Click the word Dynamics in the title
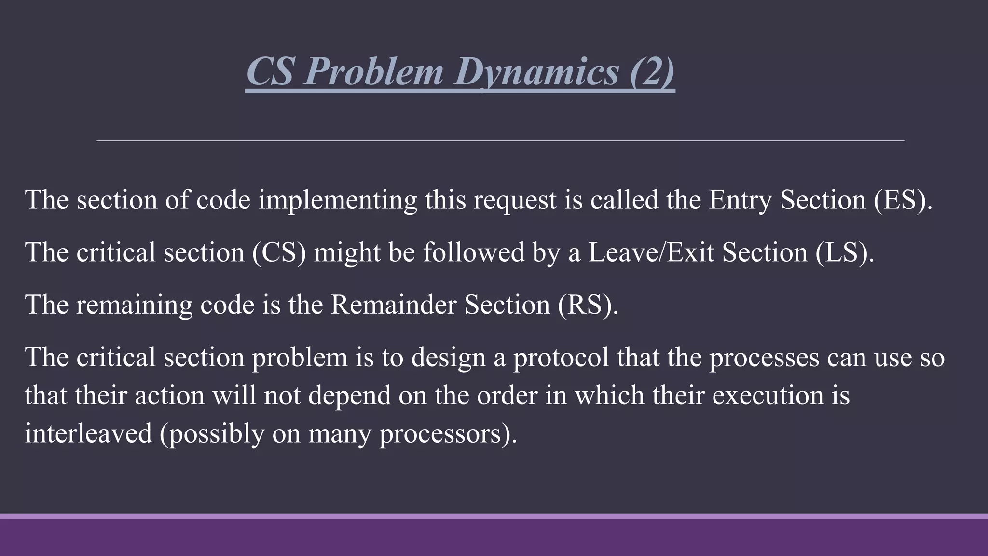tap(535, 71)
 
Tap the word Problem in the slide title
tap(373, 71)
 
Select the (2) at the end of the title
tap(652, 71)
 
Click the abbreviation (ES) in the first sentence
tap(903, 200)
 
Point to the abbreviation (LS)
tap(845, 252)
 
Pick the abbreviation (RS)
tap(588, 305)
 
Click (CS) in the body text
tap(279, 252)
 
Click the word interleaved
tap(88, 433)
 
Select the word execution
tap(768, 395)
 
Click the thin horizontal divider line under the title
tap(500, 141)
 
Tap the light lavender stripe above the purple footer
tap(494, 516)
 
